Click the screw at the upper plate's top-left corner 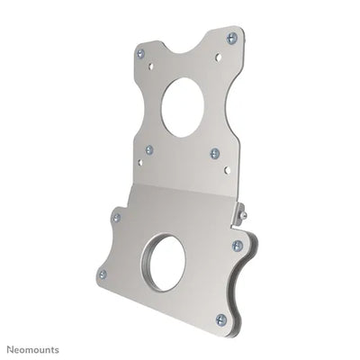[140, 53]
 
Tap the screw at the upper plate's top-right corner [231, 38]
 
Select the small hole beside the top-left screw [150, 66]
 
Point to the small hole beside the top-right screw [218, 57]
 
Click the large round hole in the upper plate [184, 107]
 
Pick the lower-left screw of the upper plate [149, 149]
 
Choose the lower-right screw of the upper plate [214, 153]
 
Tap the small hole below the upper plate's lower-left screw [139, 162]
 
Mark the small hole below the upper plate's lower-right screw [227, 169]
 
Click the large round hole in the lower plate [166, 262]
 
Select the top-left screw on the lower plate [116, 217]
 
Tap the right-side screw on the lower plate [238, 245]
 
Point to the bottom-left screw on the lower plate [102, 274]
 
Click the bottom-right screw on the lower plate [221, 319]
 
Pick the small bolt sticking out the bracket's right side [243, 215]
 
